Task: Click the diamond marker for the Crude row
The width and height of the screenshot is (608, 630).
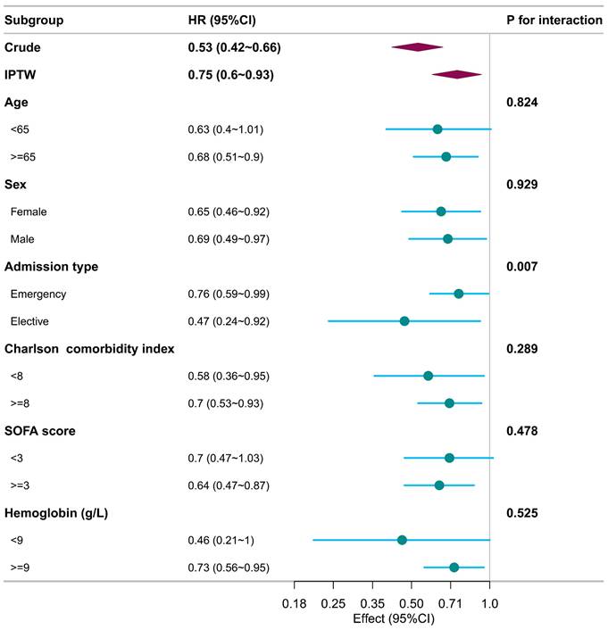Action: coord(417,46)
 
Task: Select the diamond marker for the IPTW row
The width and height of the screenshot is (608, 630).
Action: coord(456,75)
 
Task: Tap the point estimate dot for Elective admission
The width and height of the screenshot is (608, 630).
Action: coord(404,321)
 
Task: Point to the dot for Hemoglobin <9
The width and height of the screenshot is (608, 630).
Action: coord(402,540)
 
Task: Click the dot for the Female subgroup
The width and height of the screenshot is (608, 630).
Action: coord(441,211)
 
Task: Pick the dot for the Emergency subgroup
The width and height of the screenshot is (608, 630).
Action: coord(459,294)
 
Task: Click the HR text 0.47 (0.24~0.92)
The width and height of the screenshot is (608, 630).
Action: coord(229,321)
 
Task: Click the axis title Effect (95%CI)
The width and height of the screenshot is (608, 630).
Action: coord(392,618)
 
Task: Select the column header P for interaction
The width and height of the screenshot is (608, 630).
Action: coord(554,19)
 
